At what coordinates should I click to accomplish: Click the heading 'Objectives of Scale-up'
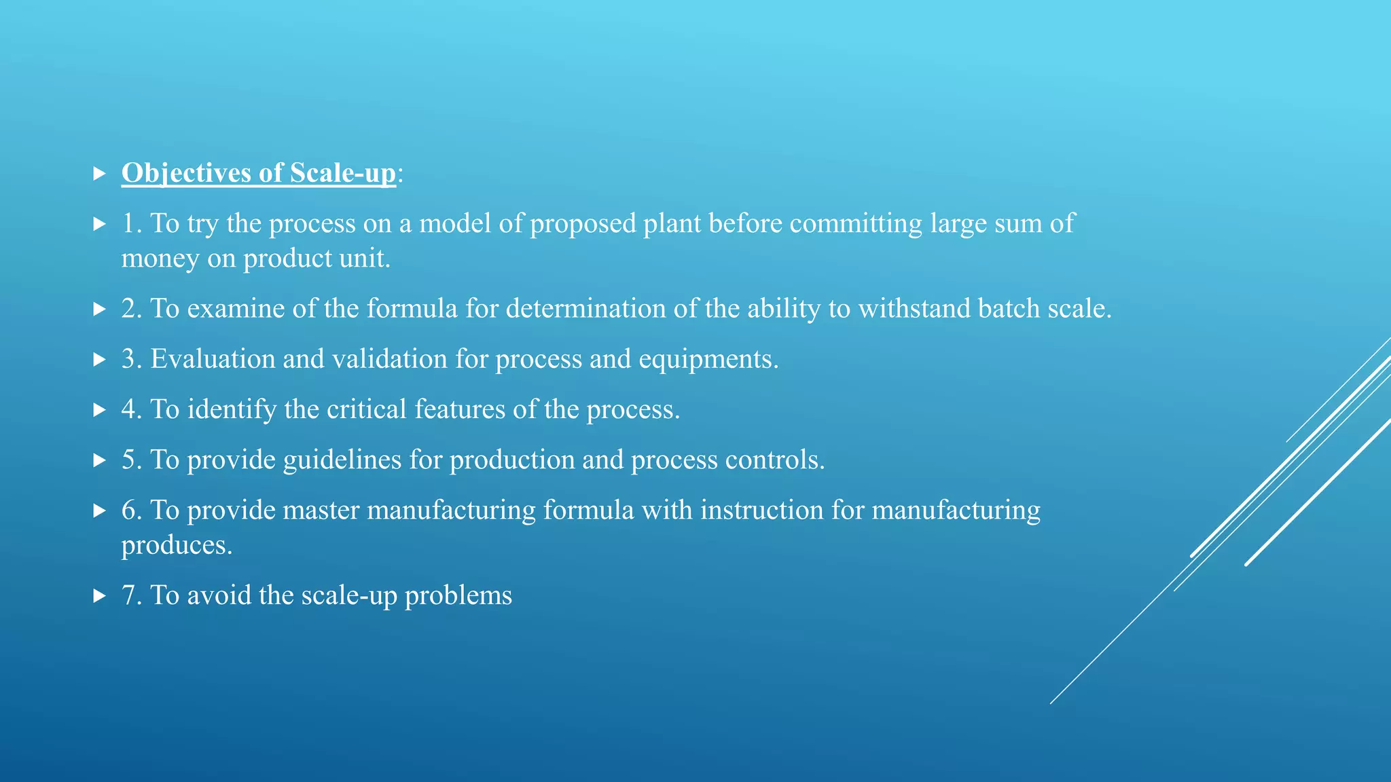point(258,173)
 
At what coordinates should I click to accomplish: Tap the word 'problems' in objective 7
point(458,596)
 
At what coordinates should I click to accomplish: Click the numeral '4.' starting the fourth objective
point(131,409)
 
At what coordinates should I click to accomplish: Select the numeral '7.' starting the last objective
point(131,595)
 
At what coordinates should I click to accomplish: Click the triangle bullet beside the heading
point(99,174)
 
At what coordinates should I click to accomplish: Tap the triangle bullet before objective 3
point(99,360)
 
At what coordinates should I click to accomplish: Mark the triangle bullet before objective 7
point(99,596)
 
